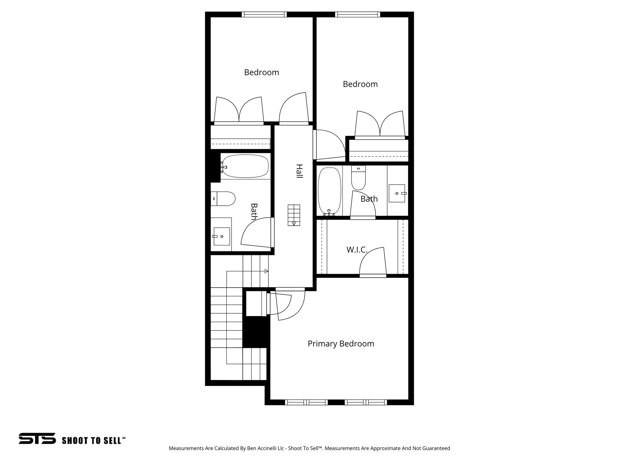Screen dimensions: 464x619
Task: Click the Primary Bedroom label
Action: [x=341, y=344]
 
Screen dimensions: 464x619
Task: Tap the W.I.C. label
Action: [x=357, y=250]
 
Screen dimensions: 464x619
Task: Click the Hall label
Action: [x=299, y=171]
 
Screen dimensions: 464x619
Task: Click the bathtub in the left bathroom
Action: [x=245, y=166]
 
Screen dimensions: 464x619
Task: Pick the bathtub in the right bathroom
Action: [x=329, y=191]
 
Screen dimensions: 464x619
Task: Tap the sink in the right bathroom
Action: [x=397, y=193]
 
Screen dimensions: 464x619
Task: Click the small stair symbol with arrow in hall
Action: [x=294, y=215]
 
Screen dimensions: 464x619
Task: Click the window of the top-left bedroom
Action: [x=264, y=14]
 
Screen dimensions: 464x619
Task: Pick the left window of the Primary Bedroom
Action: [x=306, y=402]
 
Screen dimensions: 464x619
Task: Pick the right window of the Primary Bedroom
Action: [x=366, y=402]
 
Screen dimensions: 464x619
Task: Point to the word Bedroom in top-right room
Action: [x=360, y=84]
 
